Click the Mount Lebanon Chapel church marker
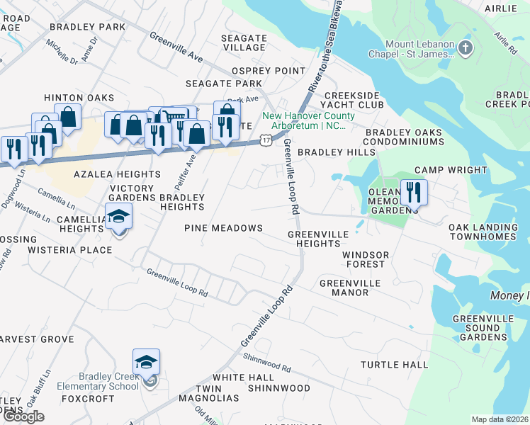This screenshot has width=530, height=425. (x=465, y=48)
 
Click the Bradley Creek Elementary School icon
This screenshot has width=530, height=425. (x=147, y=363)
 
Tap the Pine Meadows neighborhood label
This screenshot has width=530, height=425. (x=223, y=228)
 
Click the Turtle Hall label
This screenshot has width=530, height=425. (x=394, y=365)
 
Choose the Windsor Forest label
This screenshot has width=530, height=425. (x=365, y=259)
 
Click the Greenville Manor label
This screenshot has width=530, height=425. (x=350, y=288)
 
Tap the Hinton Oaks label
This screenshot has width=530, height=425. (x=79, y=98)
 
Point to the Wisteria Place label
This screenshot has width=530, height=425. (x=69, y=250)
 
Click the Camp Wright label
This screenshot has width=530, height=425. (x=451, y=170)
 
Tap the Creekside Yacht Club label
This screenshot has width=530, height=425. (x=354, y=100)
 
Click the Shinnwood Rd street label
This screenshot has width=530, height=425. (x=267, y=363)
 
